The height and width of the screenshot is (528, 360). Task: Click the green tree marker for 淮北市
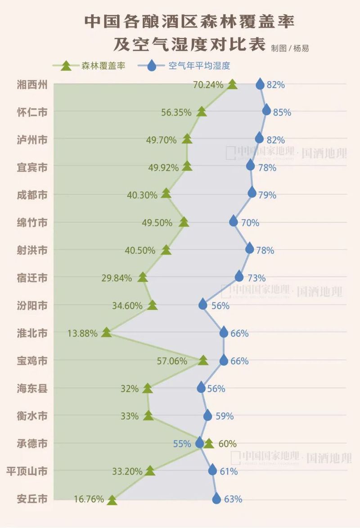click(x=106, y=332)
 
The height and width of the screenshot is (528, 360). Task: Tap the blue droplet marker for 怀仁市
click(x=266, y=110)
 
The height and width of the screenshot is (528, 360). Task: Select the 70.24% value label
click(x=208, y=84)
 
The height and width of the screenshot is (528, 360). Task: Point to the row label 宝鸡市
click(x=32, y=361)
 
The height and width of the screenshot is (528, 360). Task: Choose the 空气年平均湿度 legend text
click(x=199, y=66)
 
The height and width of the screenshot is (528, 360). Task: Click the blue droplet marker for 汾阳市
click(x=203, y=304)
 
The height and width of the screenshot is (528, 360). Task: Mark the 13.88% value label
click(x=82, y=334)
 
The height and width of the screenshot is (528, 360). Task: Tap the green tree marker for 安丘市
click(x=112, y=500)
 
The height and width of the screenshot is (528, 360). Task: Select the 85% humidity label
click(x=282, y=112)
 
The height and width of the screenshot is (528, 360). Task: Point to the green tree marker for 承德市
click(x=209, y=443)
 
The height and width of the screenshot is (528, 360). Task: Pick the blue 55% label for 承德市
click(x=182, y=443)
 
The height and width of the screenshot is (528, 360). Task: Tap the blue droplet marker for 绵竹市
click(x=233, y=221)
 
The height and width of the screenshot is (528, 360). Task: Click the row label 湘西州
click(x=32, y=84)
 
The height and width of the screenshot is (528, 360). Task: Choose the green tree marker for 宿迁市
click(x=143, y=277)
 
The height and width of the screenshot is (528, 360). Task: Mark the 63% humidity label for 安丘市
click(x=233, y=499)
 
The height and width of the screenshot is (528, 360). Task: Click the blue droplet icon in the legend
click(x=153, y=66)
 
